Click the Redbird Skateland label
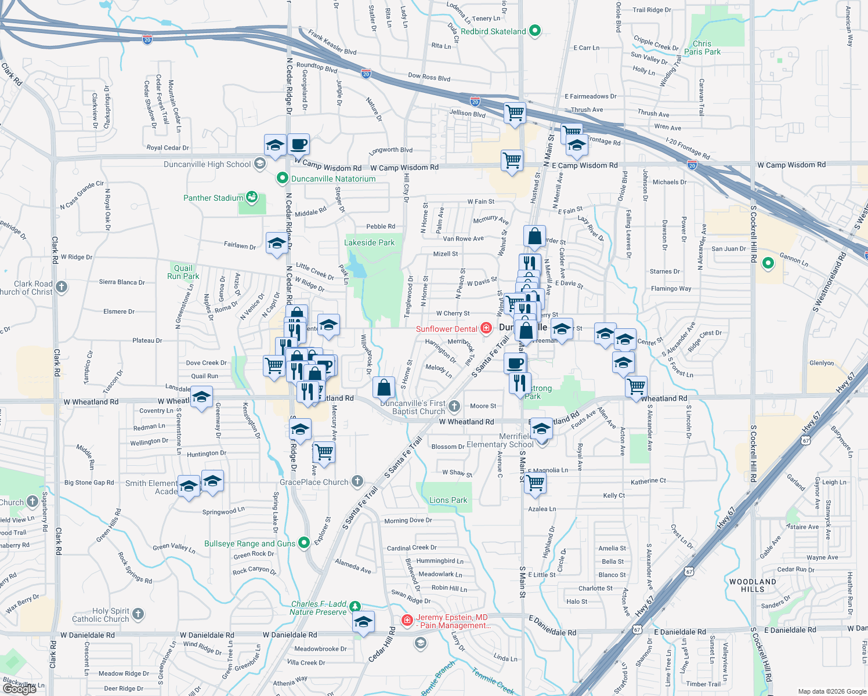click(493, 31)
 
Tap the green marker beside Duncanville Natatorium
click(283, 178)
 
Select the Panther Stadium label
click(213, 198)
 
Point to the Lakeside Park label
click(369, 242)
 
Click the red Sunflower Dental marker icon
click(486, 328)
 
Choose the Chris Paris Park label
click(702, 48)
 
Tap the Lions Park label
click(448, 500)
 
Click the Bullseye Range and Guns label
click(249, 543)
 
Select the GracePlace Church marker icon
click(357, 481)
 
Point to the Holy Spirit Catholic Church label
click(100, 615)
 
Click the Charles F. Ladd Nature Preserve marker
click(355, 606)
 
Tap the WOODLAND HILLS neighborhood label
click(753, 585)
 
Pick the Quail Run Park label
click(183, 272)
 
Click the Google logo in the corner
click(20, 688)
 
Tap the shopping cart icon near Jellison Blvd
click(515, 113)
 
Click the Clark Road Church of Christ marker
click(61, 287)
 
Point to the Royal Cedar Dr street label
click(168, 148)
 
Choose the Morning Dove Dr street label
click(408, 520)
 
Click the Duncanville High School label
click(207, 164)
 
